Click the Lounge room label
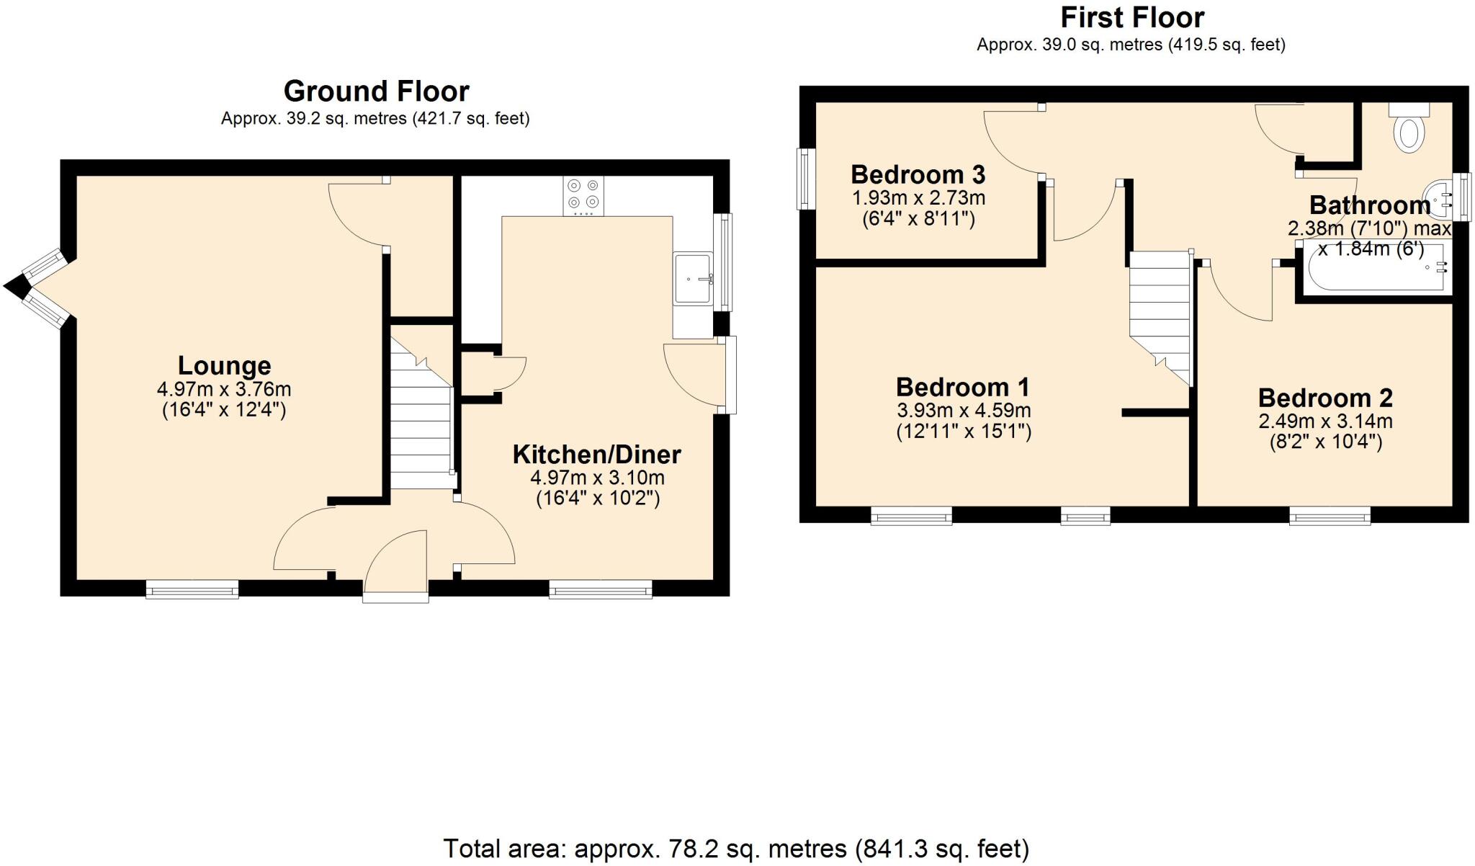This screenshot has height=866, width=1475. click(224, 365)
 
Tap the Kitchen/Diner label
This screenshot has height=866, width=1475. click(596, 455)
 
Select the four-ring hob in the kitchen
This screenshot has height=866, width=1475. click(583, 195)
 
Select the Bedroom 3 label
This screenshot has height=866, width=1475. click(918, 174)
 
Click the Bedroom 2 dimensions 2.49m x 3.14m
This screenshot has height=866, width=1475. click(1325, 421)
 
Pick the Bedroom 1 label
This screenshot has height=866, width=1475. click(963, 388)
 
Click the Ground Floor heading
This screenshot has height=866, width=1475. click(376, 91)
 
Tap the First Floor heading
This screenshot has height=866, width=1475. click(1132, 17)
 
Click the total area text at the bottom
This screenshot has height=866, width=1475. click(736, 849)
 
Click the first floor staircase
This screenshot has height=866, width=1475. click(1160, 310)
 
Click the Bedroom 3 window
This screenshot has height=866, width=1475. click(806, 179)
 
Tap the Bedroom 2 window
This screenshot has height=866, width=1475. click(1330, 515)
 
